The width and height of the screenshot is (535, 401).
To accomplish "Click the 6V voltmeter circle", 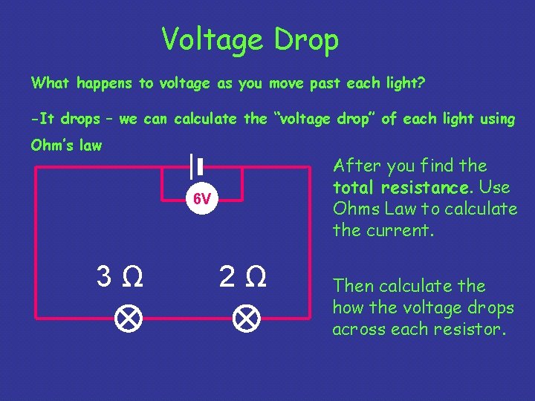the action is (x=202, y=199).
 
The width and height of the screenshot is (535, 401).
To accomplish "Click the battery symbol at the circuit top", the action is (x=196, y=166).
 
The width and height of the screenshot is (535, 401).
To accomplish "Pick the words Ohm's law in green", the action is (x=66, y=146).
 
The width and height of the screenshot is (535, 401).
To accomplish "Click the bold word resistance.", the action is (x=429, y=187).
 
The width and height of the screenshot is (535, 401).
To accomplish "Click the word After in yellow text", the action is (x=354, y=166).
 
